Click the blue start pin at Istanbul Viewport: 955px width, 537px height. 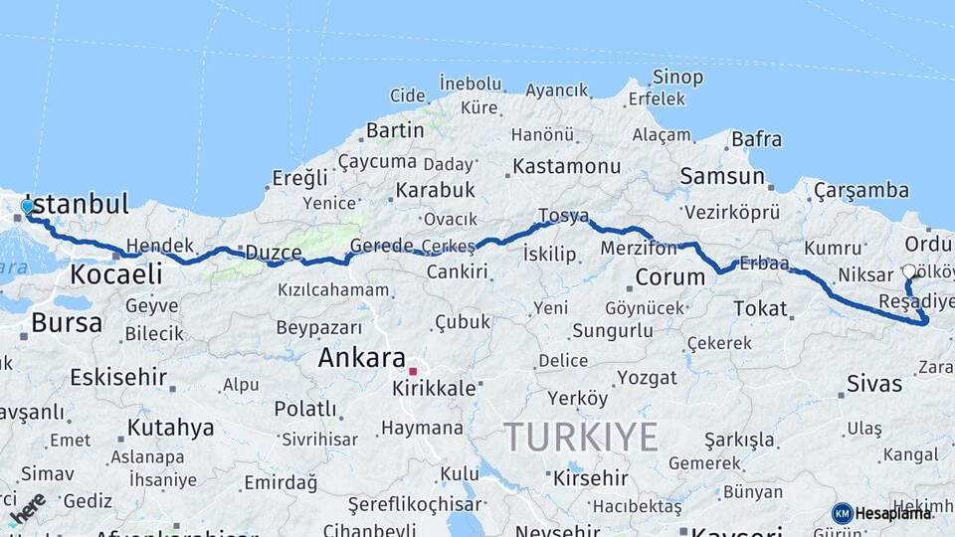(27, 207)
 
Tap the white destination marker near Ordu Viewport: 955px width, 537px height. (908, 270)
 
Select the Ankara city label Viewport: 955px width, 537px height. (361, 358)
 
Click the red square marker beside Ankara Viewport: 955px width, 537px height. (412, 371)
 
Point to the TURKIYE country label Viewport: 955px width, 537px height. (580, 437)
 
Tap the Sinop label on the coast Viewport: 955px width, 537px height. (677, 77)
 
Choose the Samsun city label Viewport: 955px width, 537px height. (722, 176)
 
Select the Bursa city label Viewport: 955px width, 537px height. (66, 322)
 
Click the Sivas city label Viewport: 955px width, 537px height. (874, 383)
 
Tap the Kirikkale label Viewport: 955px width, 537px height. (435, 388)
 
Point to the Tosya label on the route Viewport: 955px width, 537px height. (563, 215)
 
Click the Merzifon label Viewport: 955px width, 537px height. (639, 248)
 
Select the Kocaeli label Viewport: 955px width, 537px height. (115, 273)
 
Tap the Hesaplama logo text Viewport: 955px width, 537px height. (893, 513)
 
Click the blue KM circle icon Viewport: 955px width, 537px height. (842, 513)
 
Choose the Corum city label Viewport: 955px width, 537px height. (669, 276)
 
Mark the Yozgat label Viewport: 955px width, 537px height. (647, 377)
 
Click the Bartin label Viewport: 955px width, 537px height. (395, 130)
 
